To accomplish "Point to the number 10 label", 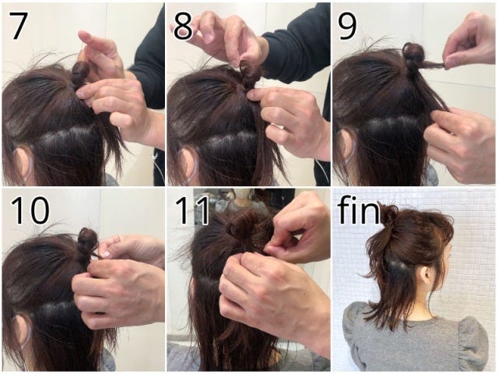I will (x=30, y=210).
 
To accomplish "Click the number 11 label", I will (x=192, y=210).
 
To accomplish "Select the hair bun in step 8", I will (x=250, y=73).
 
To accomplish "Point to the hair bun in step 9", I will (x=413, y=55).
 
